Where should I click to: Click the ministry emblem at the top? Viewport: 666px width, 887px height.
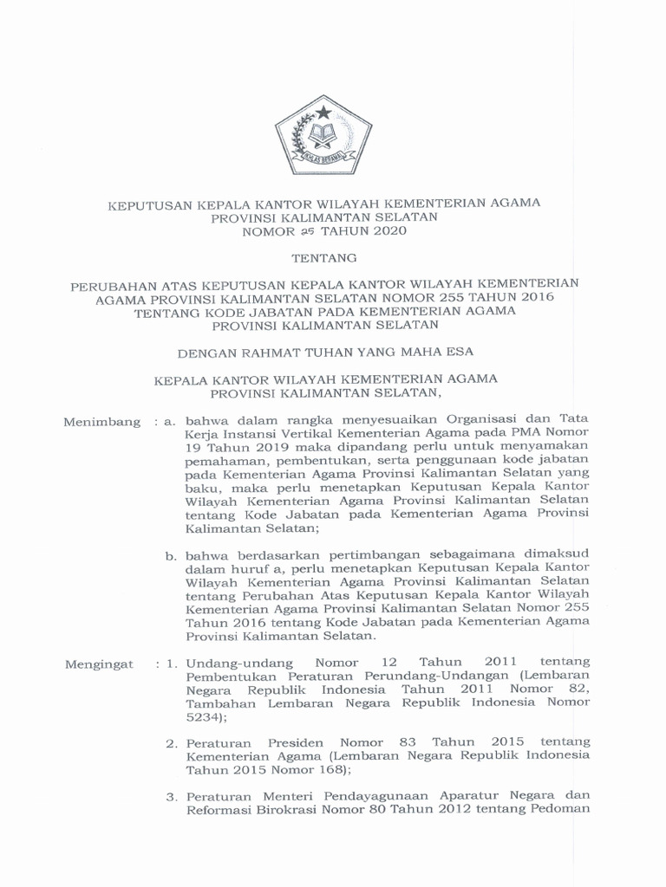pyautogui.click(x=323, y=139)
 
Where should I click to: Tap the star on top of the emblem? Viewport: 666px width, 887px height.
pyautogui.click(x=323, y=112)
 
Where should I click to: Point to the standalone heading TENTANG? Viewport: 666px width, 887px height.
pyautogui.click(x=323, y=257)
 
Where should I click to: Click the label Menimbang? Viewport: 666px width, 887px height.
pyautogui.click(x=102, y=422)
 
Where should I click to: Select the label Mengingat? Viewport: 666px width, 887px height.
pyautogui.click(x=101, y=664)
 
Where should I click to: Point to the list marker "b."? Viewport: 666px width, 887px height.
pyautogui.click(x=172, y=554)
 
